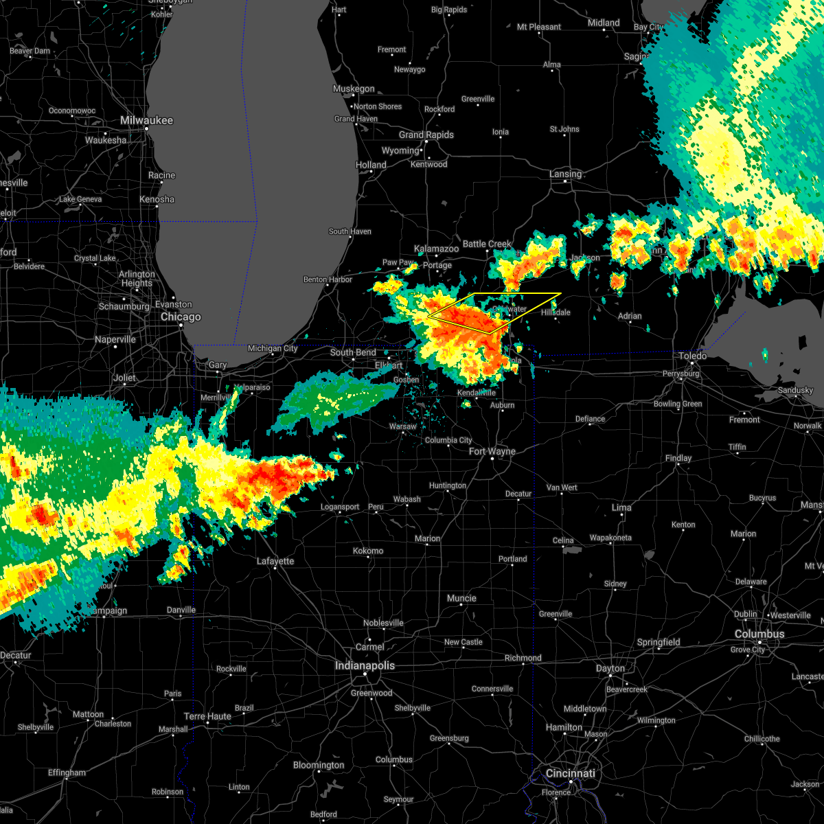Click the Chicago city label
click(181, 317)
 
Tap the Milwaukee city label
click(146, 120)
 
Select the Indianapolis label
click(365, 666)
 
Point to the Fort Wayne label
click(492, 451)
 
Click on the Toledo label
click(693, 356)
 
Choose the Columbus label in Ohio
click(759, 634)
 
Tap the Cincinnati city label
click(571, 773)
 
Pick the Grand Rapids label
click(426, 135)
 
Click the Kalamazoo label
click(436, 249)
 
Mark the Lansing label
click(565, 174)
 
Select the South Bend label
click(353, 352)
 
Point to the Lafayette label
click(275, 561)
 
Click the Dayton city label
click(610, 668)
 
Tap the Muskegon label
click(354, 89)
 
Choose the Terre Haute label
click(208, 716)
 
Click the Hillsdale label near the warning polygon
click(556, 312)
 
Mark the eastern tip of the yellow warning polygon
click(561, 294)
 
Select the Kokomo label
click(368, 551)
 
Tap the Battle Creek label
click(487, 244)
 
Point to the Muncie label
click(461, 598)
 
